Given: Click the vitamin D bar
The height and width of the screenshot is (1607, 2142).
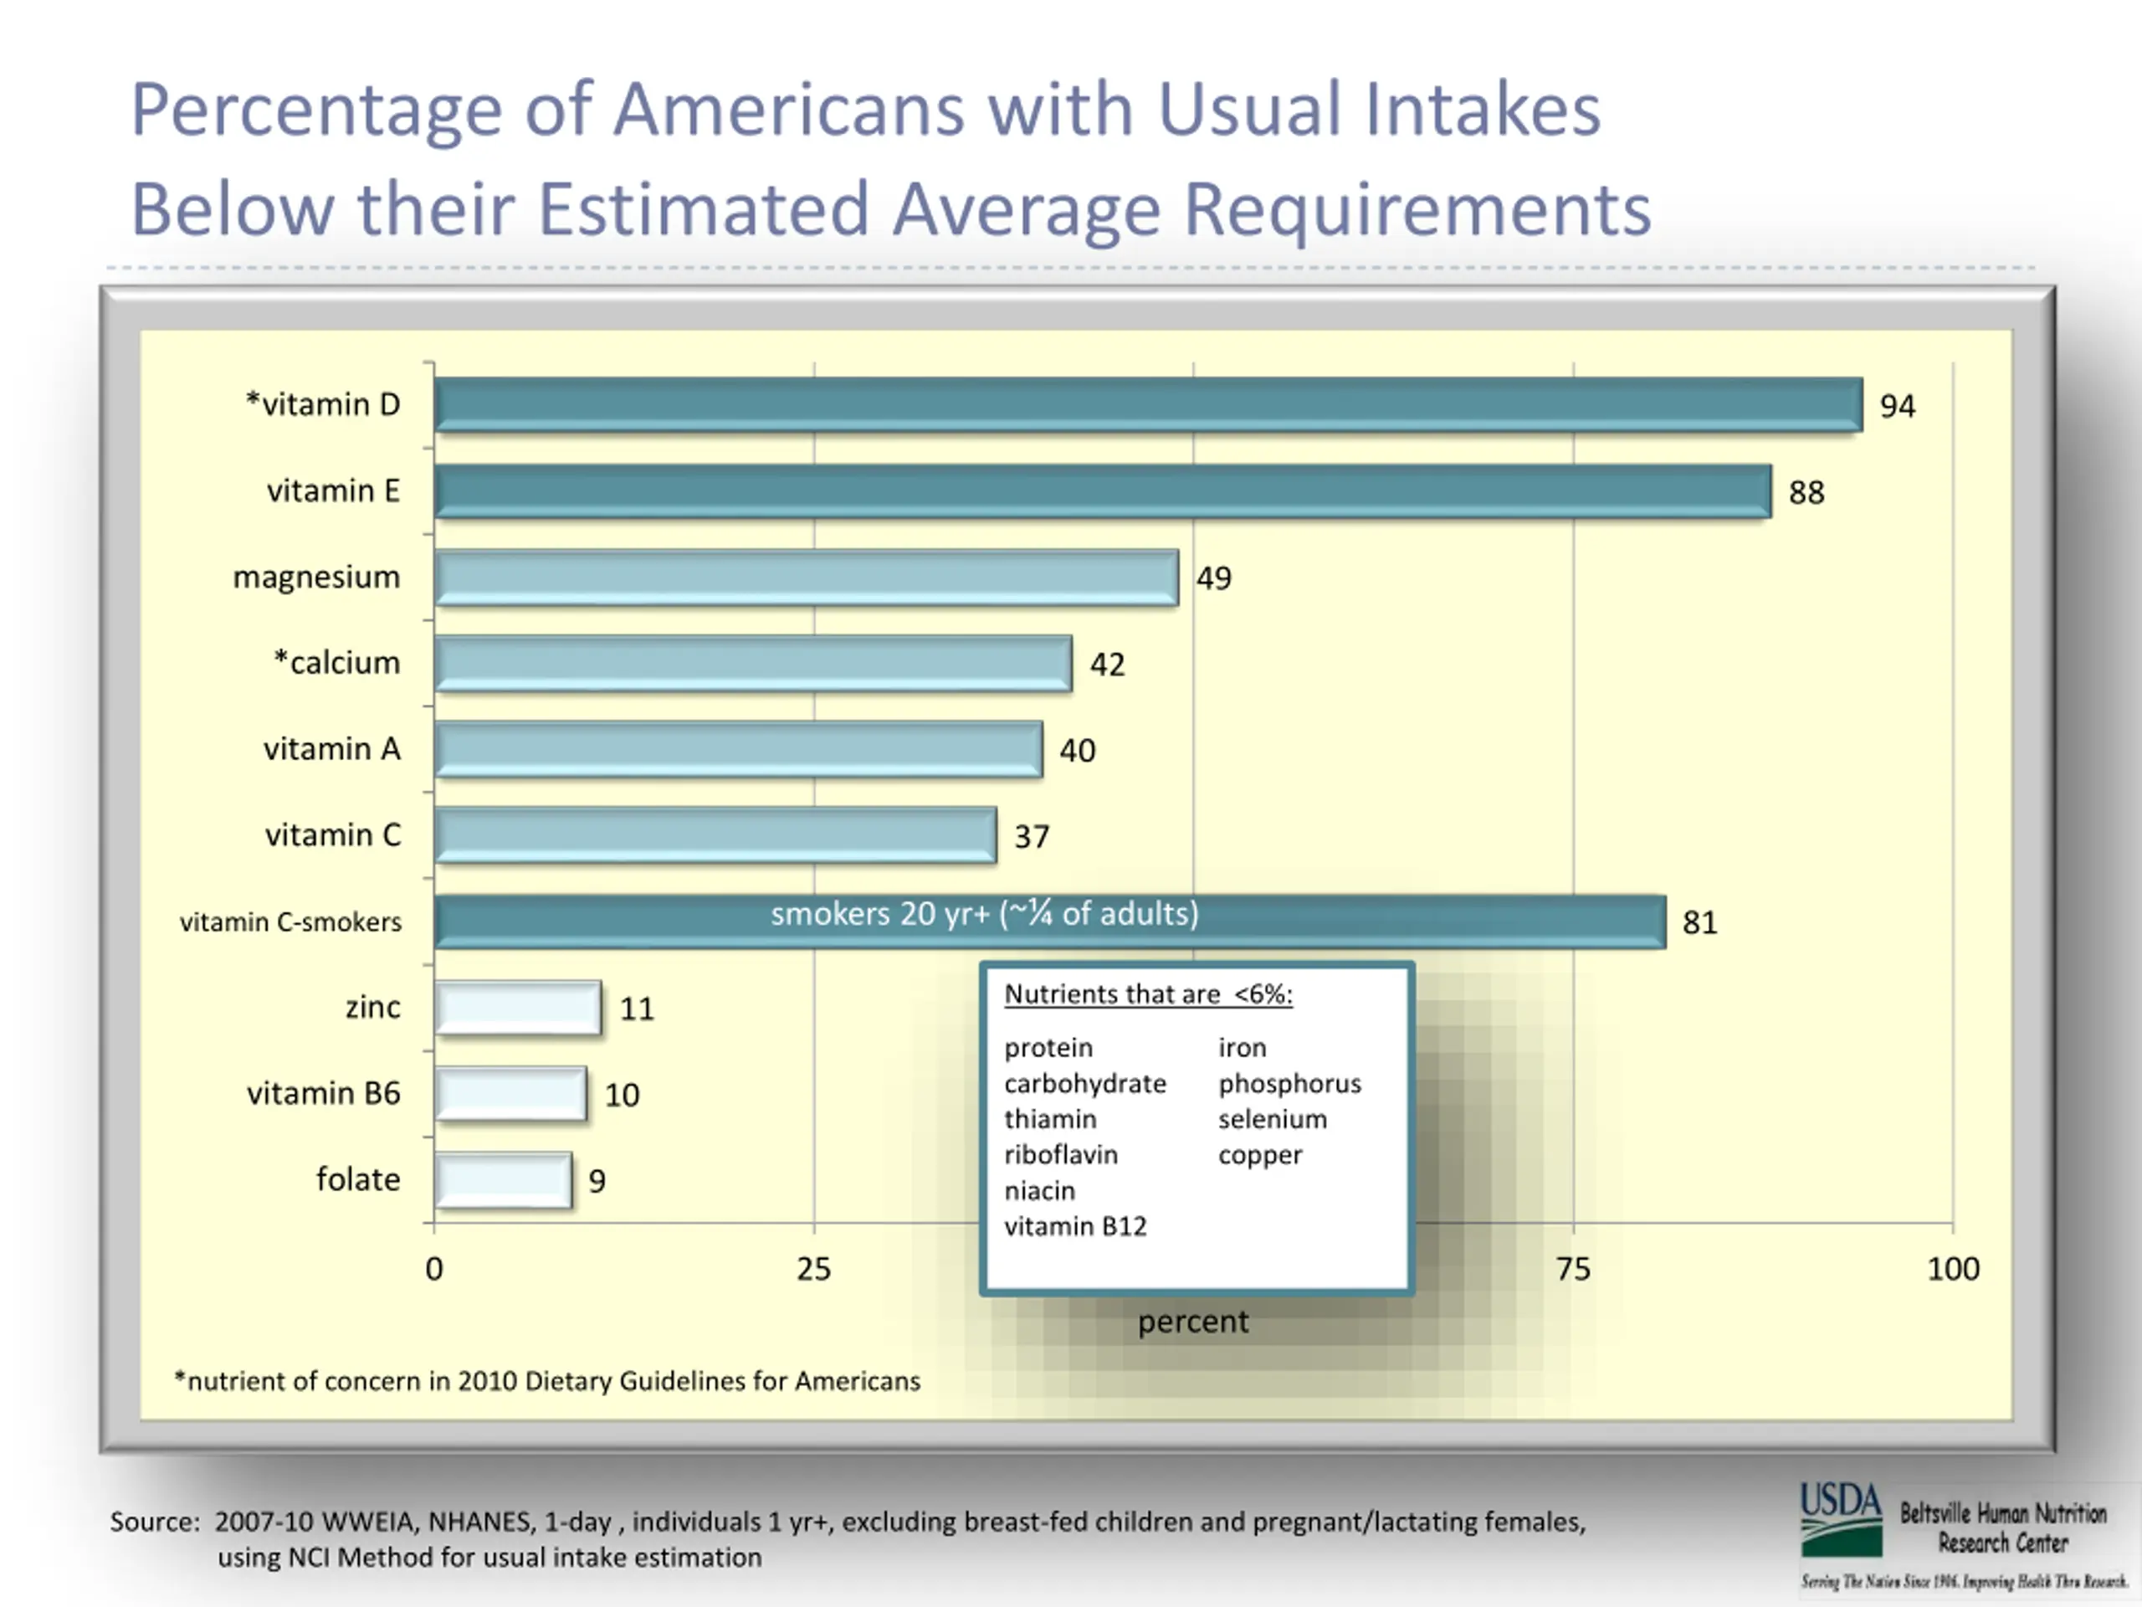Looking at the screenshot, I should click(x=1147, y=404).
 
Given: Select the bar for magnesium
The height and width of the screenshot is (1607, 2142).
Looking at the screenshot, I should click(x=806, y=578).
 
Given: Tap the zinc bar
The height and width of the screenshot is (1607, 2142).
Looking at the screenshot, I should click(x=517, y=1008).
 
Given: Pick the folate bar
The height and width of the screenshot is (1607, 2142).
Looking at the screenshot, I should click(x=503, y=1180).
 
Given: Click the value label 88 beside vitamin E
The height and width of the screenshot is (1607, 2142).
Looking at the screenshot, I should click(x=1806, y=492).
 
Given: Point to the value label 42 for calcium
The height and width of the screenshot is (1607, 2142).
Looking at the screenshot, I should click(x=1107, y=665).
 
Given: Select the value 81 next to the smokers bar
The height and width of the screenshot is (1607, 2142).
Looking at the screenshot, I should click(x=1699, y=922).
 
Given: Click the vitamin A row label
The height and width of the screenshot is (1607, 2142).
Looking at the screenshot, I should click(x=331, y=749).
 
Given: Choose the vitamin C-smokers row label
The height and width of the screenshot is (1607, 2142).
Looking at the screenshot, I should click(x=290, y=922).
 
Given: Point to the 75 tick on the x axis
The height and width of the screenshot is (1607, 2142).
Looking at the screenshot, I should click(x=1572, y=1269).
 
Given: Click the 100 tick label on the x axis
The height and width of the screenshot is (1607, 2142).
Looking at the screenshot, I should click(x=1952, y=1269).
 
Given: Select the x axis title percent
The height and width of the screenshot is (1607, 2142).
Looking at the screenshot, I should click(x=1192, y=1322).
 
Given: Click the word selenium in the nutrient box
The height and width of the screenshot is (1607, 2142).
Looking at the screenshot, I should click(x=1272, y=1119).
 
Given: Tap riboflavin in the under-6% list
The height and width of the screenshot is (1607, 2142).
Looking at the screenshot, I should click(x=1060, y=1155).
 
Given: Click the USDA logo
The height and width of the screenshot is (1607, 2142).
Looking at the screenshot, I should click(x=1840, y=1519).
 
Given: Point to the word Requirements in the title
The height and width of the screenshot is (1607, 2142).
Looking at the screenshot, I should click(x=1417, y=209).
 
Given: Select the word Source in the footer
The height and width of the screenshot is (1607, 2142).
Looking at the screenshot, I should click(x=154, y=1522).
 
